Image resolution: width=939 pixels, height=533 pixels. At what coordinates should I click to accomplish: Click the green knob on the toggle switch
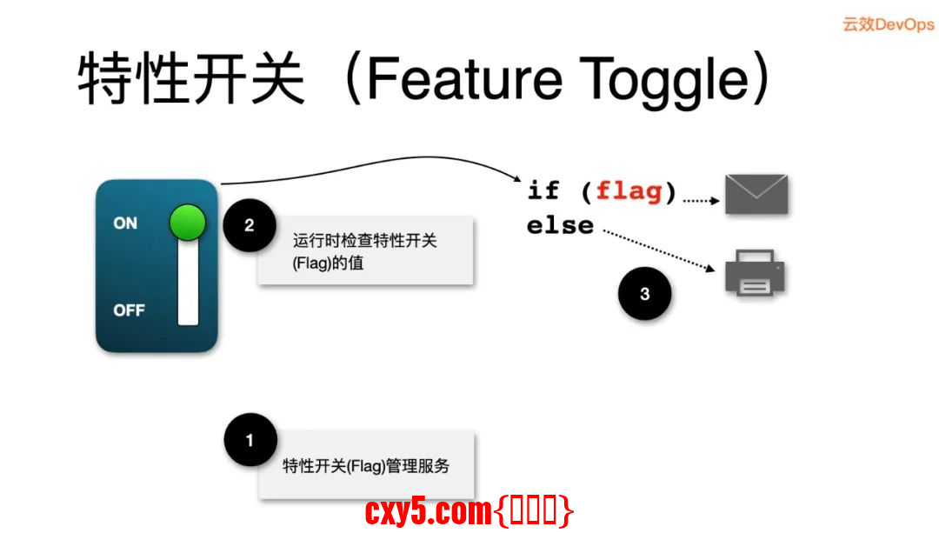187,223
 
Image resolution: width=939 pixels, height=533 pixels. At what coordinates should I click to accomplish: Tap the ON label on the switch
125,223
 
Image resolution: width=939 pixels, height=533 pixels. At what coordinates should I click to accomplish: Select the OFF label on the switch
129,310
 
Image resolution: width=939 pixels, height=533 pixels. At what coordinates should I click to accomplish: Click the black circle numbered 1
250,440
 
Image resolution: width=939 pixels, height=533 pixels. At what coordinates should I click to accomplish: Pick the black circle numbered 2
250,225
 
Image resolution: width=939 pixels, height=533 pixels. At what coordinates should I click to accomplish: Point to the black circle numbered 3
644,294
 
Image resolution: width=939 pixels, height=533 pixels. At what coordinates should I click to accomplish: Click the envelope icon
756,194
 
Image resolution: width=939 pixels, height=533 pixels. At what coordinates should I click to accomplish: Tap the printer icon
755,273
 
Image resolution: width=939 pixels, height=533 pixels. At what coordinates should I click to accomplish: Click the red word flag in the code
629,190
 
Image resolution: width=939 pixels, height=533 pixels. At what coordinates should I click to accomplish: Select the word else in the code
560,226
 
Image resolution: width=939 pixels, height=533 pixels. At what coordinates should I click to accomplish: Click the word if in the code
543,190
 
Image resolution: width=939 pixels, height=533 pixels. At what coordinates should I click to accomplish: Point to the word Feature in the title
464,79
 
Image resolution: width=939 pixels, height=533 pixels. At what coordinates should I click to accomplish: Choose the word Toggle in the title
665,79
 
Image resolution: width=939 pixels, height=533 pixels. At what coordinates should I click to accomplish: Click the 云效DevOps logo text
888,24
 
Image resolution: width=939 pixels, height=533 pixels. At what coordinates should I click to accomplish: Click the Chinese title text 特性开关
191,79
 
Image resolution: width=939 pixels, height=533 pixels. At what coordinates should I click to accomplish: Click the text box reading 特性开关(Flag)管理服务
366,466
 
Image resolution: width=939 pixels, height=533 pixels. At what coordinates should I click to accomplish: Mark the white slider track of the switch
188,287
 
